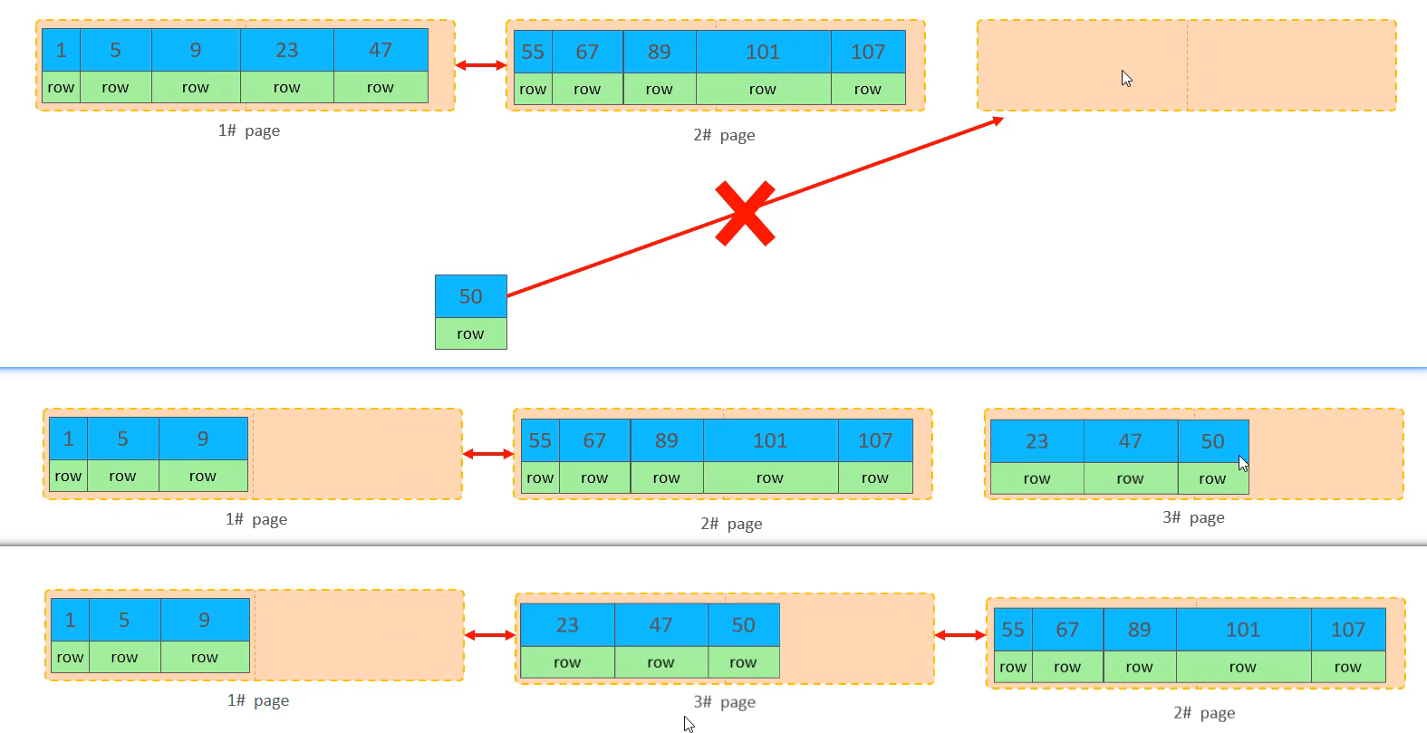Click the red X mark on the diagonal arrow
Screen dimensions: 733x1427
click(x=745, y=214)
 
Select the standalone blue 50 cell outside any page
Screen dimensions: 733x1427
click(x=470, y=296)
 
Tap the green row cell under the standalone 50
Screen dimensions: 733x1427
click(x=470, y=333)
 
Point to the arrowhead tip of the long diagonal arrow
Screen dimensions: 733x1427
click(x=1001, y=119)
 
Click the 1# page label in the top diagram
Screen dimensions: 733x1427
click(x=249, y=130)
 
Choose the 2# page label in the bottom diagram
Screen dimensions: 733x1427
click(x=1204, y=713)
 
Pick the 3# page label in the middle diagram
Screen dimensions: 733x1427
click(x=1193, y=517)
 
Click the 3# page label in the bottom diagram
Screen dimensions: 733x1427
click(x=724, y=702)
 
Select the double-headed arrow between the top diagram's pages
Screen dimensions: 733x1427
click(x=480, y=65)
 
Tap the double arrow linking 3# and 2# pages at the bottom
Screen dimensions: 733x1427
click(x=959, y=635)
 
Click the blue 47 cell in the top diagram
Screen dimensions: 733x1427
click(x=381, y=50)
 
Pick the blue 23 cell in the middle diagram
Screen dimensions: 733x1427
click(x=1037, y=441)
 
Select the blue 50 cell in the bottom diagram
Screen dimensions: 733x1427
click(x=743, y=625)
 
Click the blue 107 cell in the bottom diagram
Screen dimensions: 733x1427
click(x=1347, y=630)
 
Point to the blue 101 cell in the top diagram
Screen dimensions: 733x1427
click(x=763, y=52)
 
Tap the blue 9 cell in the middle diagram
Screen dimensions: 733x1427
click(x=203, y=439)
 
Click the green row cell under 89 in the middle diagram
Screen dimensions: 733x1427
click(x=666, y=477)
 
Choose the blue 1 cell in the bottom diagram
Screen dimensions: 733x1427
click(x=70, y=620)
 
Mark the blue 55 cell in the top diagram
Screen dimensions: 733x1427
click(x=533, y=52)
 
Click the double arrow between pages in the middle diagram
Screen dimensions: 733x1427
click(x=487, y=454)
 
